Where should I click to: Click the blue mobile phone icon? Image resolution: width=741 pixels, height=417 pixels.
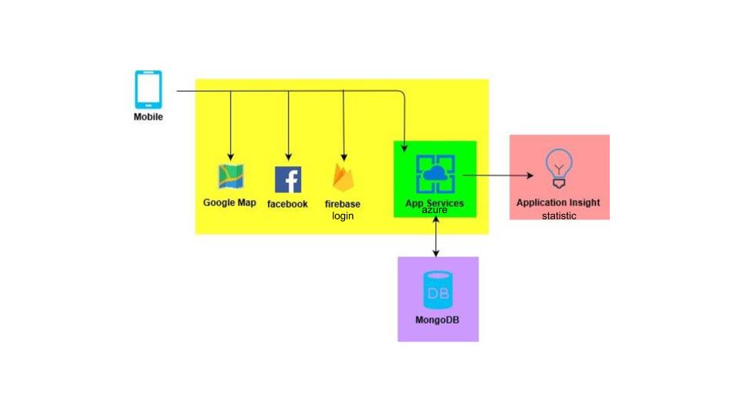pyautogui.click(x=149, y=90)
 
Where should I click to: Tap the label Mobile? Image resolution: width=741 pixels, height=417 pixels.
pyautogui.click(x=149, y=117)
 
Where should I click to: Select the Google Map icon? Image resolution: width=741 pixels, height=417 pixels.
pyautogui.click(x=230, y=178)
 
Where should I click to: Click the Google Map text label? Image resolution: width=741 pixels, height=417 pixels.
pyautogui.click(x=230, y=203)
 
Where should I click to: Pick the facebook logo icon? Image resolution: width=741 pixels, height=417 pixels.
pyautogui.click(x=288, y=179)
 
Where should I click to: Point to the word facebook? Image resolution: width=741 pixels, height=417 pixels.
pyautogui.click(x=287, y=204)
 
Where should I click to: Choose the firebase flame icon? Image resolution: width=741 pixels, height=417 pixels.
pyautogui.click(x=343, y=178)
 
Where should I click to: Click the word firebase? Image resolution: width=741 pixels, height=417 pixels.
pyautogui.click(x=343, y=204)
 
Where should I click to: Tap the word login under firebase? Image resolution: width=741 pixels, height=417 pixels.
pyautogui.click(x=343, y=215)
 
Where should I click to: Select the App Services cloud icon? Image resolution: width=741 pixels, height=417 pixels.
pyautogui.click(x=435, y=174)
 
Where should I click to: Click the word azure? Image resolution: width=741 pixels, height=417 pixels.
pyautogui.click(x=435, y=210)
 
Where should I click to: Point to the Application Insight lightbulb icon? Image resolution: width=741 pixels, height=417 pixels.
pyautogui.click(x=559, y=169)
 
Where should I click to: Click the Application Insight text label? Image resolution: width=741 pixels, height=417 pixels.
pyautogui.click(x=558, y=202)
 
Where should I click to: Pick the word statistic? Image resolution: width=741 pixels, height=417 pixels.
pyautogui.click(x=559, y=215)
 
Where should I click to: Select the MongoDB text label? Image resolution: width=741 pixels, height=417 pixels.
pyautogui.click(x=437, y=320)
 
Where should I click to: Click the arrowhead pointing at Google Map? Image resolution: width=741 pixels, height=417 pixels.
pyautogui.click(x=230, y=158)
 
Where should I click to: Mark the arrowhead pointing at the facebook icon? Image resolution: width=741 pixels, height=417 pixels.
pyautogui.click(x=288, y=158)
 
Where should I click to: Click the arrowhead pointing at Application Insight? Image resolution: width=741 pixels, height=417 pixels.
pyautogui.click(x=530, y=175)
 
